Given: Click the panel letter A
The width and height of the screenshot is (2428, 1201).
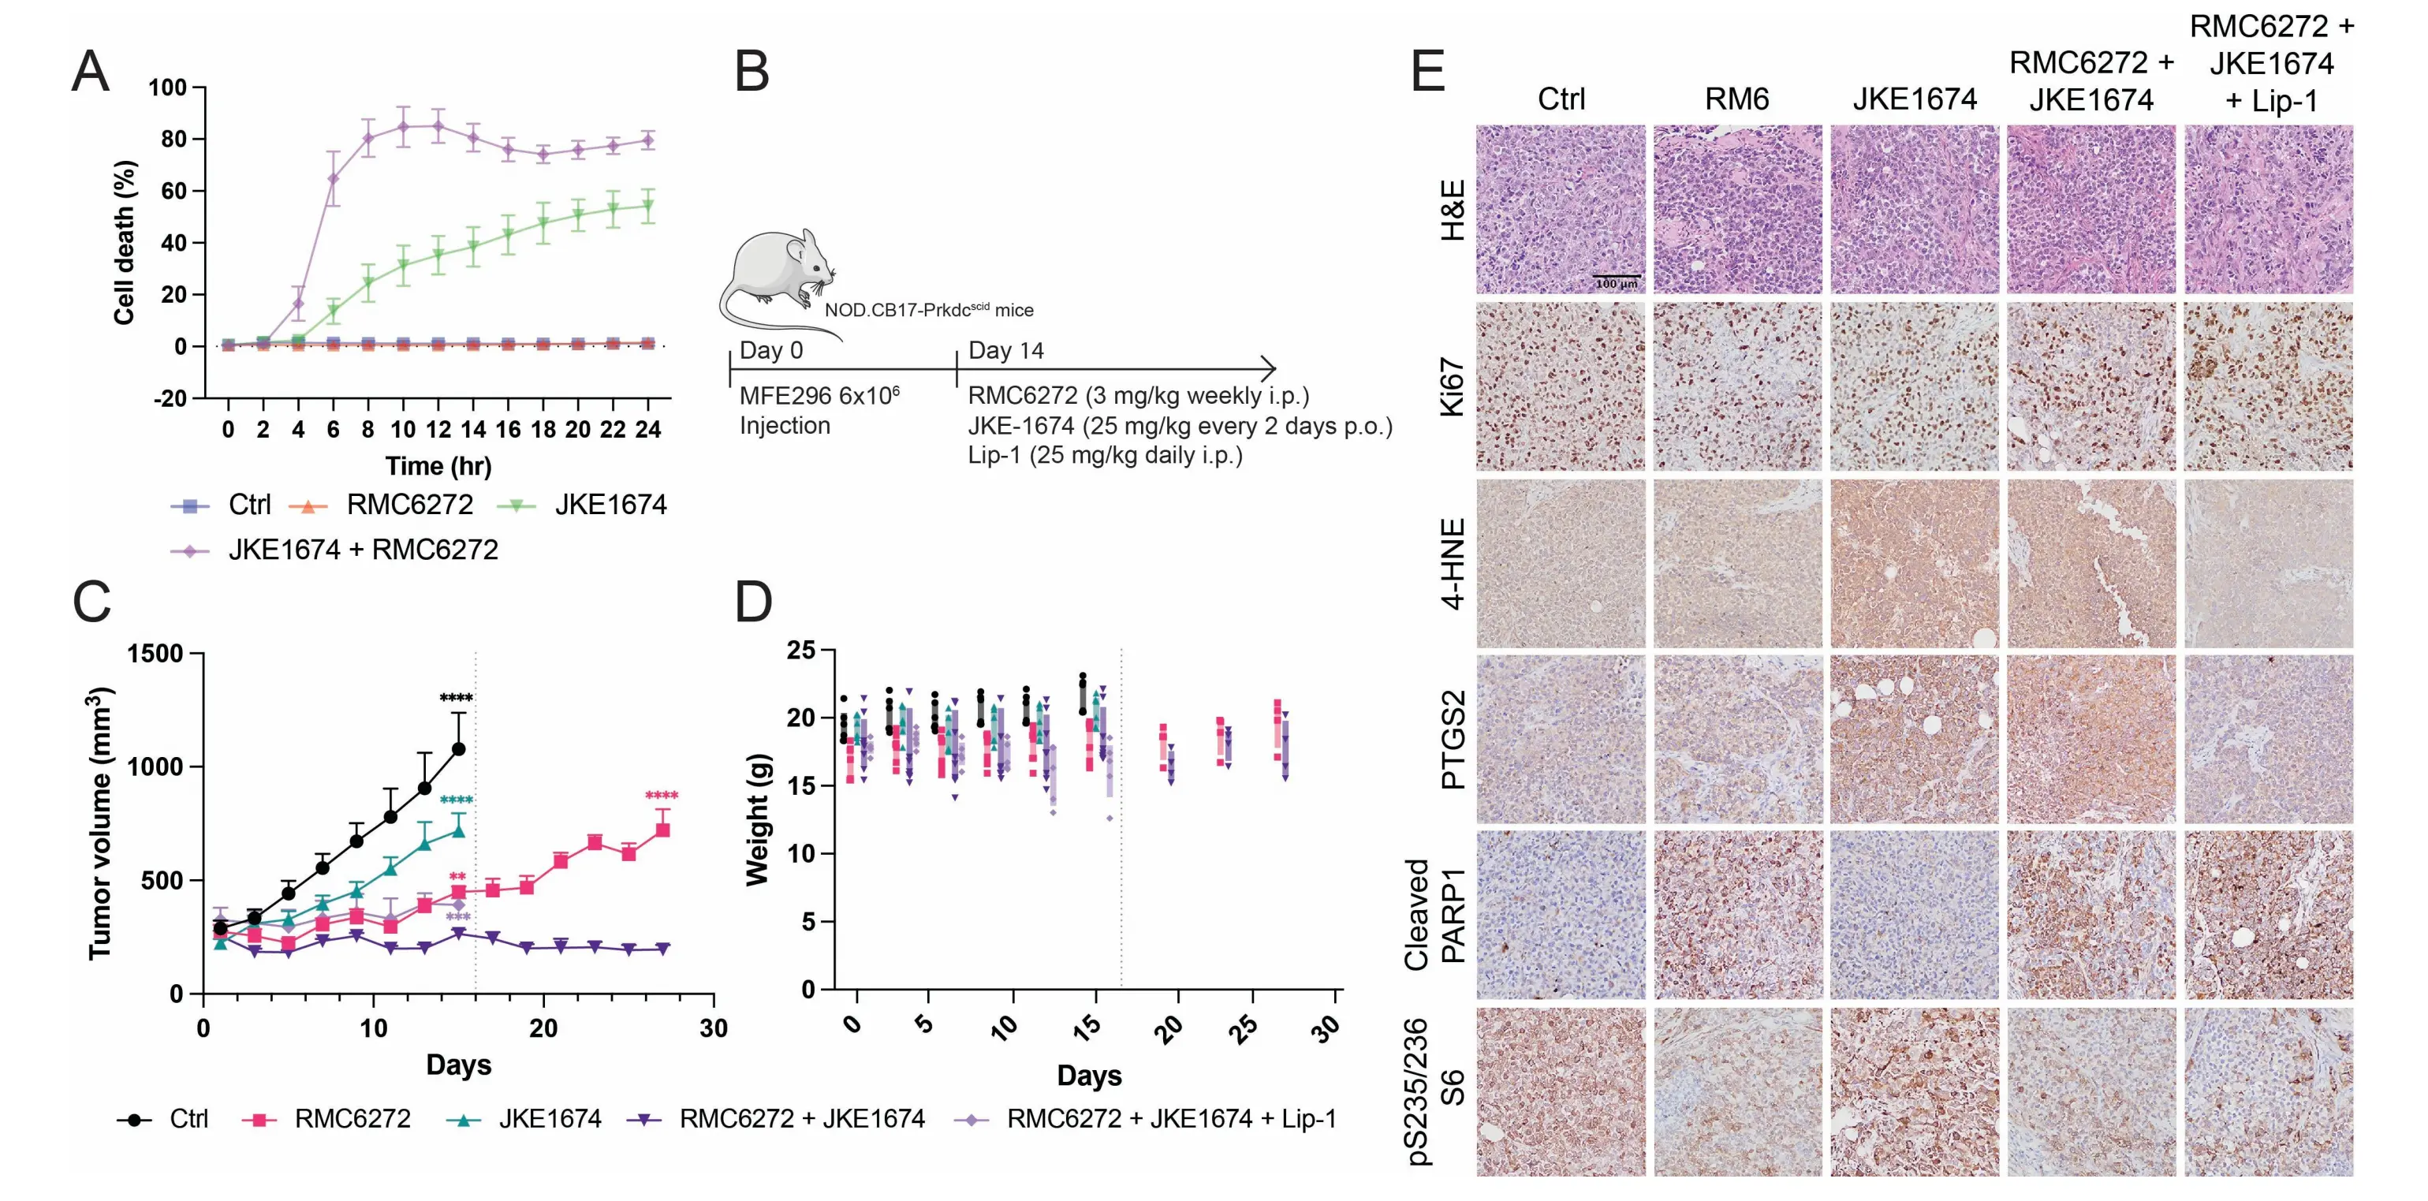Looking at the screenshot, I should click(91, 72).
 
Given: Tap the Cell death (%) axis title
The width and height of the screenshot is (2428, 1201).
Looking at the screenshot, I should click(125, 243).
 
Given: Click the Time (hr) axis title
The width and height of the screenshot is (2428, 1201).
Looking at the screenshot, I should click(438, 466).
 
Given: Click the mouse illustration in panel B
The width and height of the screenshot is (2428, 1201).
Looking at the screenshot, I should click(775, 274).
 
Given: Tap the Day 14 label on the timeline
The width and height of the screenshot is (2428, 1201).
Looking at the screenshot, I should click(1005, 351).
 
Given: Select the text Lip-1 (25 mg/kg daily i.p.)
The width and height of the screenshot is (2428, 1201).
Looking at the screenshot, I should click(1105, 455).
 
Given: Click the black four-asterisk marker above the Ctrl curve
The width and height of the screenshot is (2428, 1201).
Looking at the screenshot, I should click(457, 699).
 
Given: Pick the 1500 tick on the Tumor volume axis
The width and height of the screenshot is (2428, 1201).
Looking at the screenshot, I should click(155, 653).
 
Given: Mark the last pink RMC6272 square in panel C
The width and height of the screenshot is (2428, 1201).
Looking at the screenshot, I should click(662, 830).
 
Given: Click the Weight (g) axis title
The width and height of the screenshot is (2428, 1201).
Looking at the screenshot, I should click(758, 820).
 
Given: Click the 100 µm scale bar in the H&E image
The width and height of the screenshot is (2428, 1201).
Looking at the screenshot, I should click(1617, 277).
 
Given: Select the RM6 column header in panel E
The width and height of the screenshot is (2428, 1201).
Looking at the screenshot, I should click(1736, 99).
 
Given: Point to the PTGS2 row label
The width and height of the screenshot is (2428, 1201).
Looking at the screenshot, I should click(1453, 740).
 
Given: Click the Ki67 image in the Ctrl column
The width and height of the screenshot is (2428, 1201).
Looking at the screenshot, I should click(1560, 386).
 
